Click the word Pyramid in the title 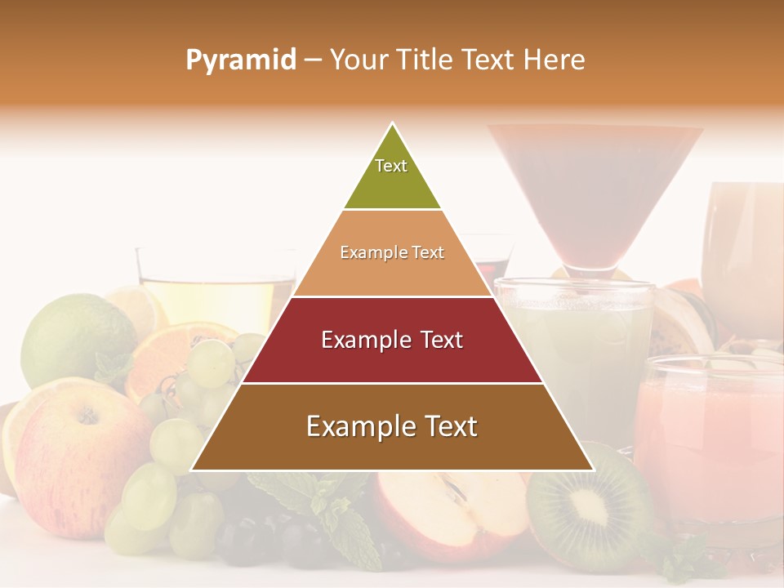point(241,60)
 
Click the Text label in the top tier point(391,166)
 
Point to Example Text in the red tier point(392,340)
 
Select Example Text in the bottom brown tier point(392,426)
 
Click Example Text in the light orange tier point(392,253)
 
